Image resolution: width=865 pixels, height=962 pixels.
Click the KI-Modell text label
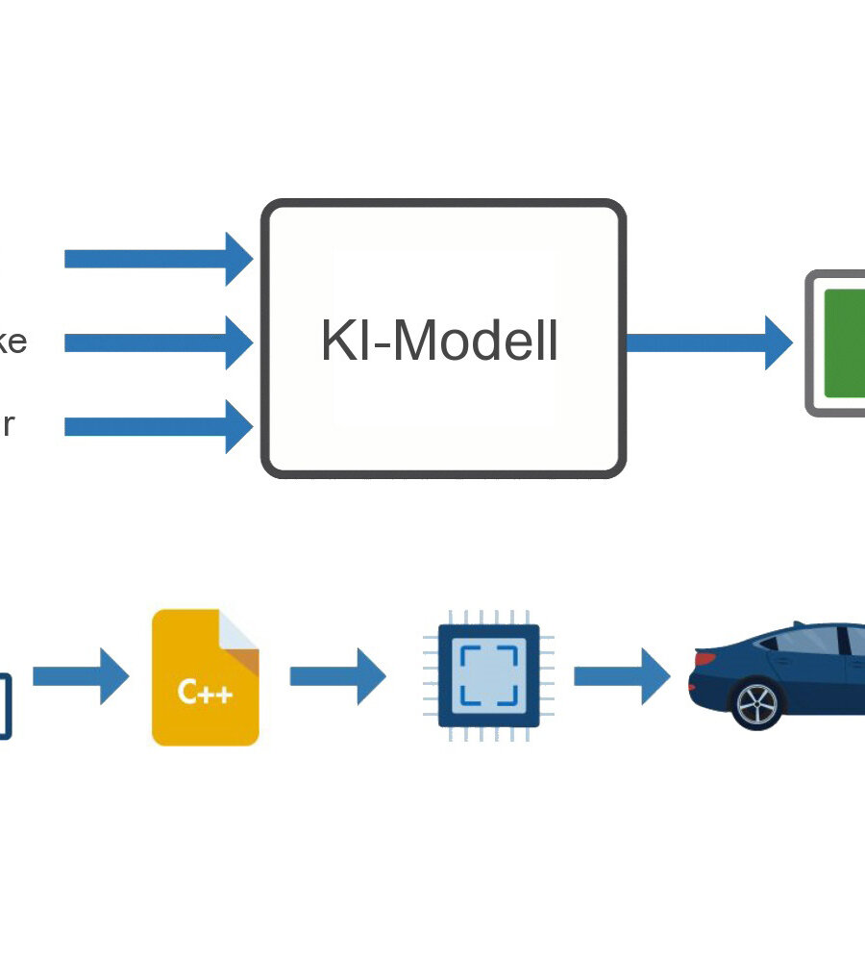tap(439, 342)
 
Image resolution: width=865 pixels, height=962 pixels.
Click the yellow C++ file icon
tap(205, 677)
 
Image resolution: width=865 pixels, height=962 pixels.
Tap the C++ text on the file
tap(205, 693)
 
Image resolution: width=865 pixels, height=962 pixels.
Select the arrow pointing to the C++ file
tap(81, 676)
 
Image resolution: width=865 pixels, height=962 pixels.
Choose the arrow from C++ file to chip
tap(337, 676)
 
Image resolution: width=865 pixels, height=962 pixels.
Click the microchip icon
tap(488, 675)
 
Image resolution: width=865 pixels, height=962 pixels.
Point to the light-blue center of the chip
tap(488, 675)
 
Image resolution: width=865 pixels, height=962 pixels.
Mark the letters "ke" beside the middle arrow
tap(12, 342)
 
